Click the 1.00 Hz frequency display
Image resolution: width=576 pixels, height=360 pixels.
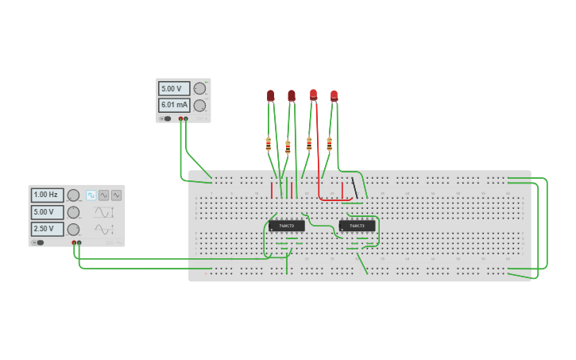tap(47, 195)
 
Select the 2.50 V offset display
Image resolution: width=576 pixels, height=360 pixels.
tap(47, 229)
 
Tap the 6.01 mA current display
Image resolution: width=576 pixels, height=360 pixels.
tap(173, 105)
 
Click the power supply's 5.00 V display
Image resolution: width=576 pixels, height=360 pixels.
tap(173, 89)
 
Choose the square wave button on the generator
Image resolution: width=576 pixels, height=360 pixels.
tap(91, 195)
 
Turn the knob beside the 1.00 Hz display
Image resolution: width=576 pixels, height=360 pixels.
tap(73, 195)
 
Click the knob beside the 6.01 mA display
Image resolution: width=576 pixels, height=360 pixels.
tap(200, 105)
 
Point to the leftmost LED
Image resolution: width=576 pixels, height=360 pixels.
tap(270, 95)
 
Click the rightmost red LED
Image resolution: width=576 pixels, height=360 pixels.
tap(334, 95)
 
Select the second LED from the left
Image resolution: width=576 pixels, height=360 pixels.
tap(292, 95)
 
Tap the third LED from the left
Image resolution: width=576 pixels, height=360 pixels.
tap(313, 95)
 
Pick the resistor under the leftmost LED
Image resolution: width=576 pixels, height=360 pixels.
tap(269, 144)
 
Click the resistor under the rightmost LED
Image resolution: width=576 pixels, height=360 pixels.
tap(330, 144)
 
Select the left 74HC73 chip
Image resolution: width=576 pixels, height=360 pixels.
tap(286, 226)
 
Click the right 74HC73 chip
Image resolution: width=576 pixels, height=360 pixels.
tap(357, 226)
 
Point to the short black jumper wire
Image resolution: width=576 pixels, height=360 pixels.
tap(354, 188)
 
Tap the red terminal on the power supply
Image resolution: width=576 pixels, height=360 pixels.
tap(181, 119)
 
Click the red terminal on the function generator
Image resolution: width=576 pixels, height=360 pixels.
tap(74, 242)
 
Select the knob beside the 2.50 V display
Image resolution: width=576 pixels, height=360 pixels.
tap(73, 229)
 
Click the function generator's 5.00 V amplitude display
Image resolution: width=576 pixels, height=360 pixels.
tap(47, 212)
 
